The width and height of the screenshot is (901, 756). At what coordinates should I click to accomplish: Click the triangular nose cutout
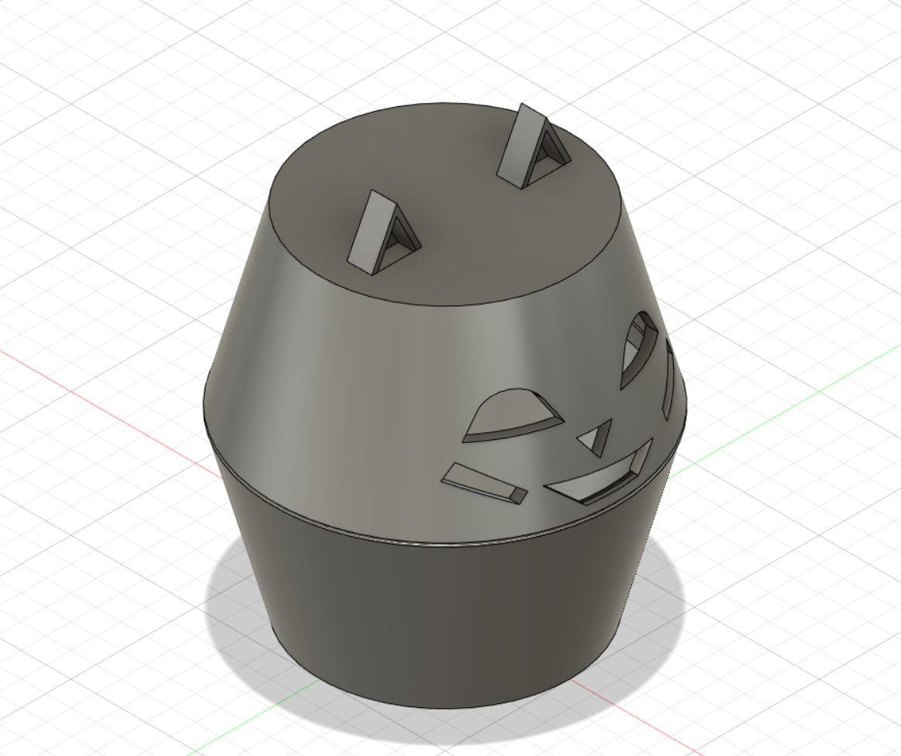click(596, 438)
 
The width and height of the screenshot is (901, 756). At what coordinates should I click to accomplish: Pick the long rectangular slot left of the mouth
click(477, 480)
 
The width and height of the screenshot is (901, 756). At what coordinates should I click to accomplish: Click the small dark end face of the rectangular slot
click(518, 494)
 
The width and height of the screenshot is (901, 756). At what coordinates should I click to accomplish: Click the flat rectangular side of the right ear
click(519, 143)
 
